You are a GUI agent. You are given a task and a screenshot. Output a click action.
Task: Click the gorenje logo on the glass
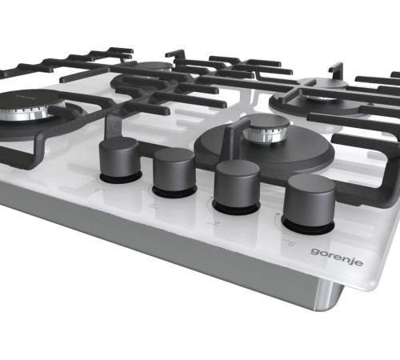pyautogui.click(x=337, y=257)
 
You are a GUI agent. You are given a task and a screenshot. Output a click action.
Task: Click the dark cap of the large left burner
pyautogui.click(x=30, y=100)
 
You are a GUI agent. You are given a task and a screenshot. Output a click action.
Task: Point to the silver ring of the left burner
pyautogui.click(x=32, y=115)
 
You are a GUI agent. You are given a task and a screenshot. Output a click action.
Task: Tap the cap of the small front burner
pyautogui.click(x=269, y=122)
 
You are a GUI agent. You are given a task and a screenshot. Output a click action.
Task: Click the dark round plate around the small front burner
pyautogui.click(x=264, y=150)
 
